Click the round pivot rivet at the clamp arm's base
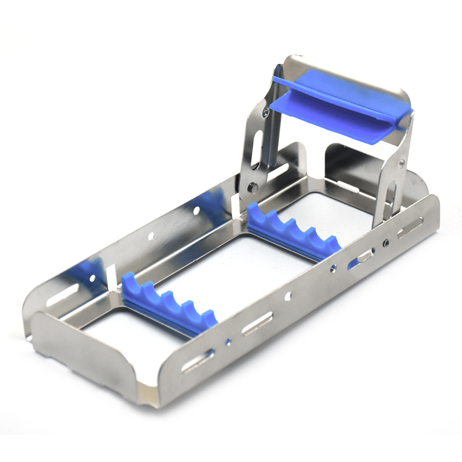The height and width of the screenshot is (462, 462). pos(253,187)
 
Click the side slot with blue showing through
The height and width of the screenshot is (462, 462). pos(360,259)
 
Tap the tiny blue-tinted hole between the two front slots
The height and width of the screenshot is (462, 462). pos(227,342)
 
